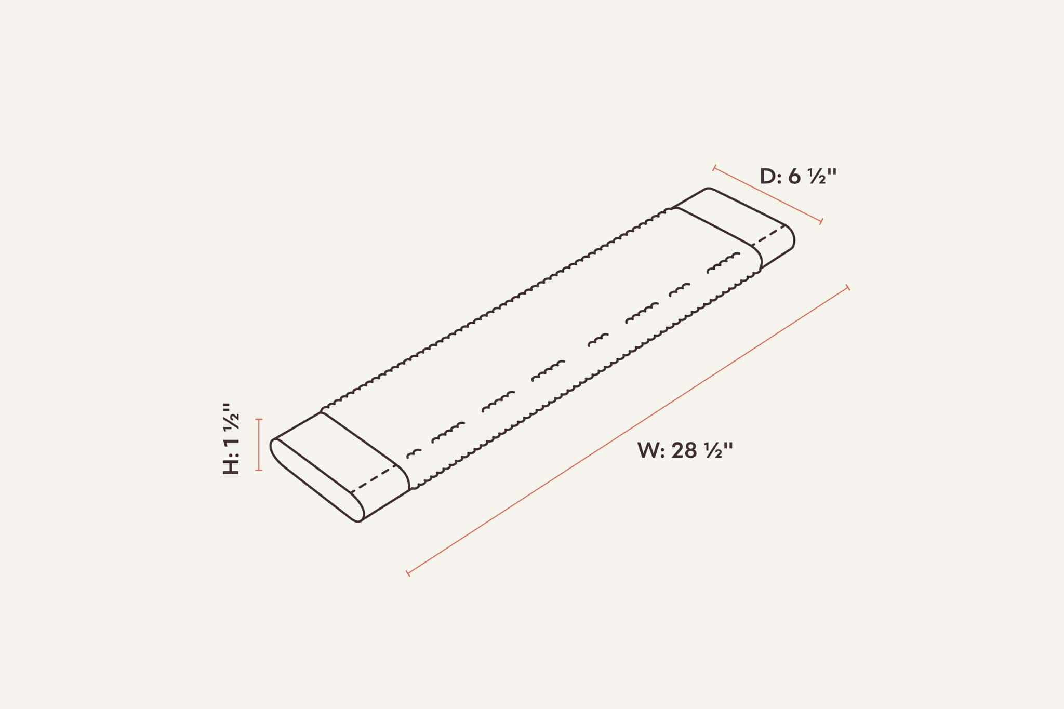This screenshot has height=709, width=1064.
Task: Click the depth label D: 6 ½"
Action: (798, 177)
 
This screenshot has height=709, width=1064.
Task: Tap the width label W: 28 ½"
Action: (685, 450)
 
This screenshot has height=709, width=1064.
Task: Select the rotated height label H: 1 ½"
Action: (232, 439)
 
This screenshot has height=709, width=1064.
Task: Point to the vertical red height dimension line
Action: (259, 445)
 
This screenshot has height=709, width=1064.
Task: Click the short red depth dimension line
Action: (768, 195)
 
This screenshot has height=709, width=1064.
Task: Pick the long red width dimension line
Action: (628, 430)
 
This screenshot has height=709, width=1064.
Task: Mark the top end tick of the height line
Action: (259, 419)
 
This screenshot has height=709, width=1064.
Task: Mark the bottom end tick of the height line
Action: (259, 470)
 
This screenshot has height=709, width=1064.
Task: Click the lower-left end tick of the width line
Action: (408, 573)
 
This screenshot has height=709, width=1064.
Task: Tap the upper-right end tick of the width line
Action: (848, 287)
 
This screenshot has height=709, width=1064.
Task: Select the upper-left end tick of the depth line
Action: (715, 168)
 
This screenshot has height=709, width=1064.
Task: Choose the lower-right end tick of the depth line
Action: (821, 222)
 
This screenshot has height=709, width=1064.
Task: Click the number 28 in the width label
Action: (684, 450)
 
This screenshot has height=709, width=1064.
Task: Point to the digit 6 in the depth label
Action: (794, 177)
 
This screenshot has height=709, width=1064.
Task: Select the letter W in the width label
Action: (648, 450)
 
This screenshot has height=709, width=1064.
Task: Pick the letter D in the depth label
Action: (768, 177)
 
